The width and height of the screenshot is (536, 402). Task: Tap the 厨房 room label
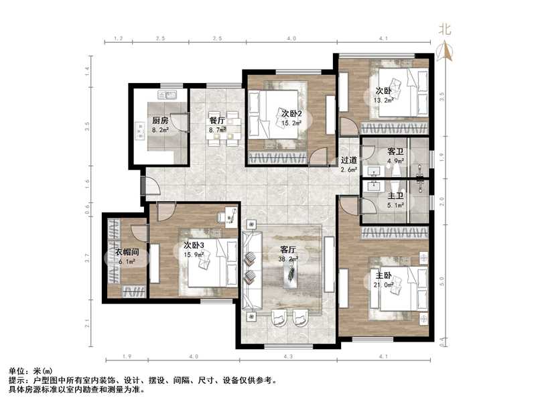point(159,121)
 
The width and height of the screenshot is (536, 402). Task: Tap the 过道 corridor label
point(348,160)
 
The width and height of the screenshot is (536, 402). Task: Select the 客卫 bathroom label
point(396,152)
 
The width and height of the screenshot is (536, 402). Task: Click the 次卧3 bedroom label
point(194,245)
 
